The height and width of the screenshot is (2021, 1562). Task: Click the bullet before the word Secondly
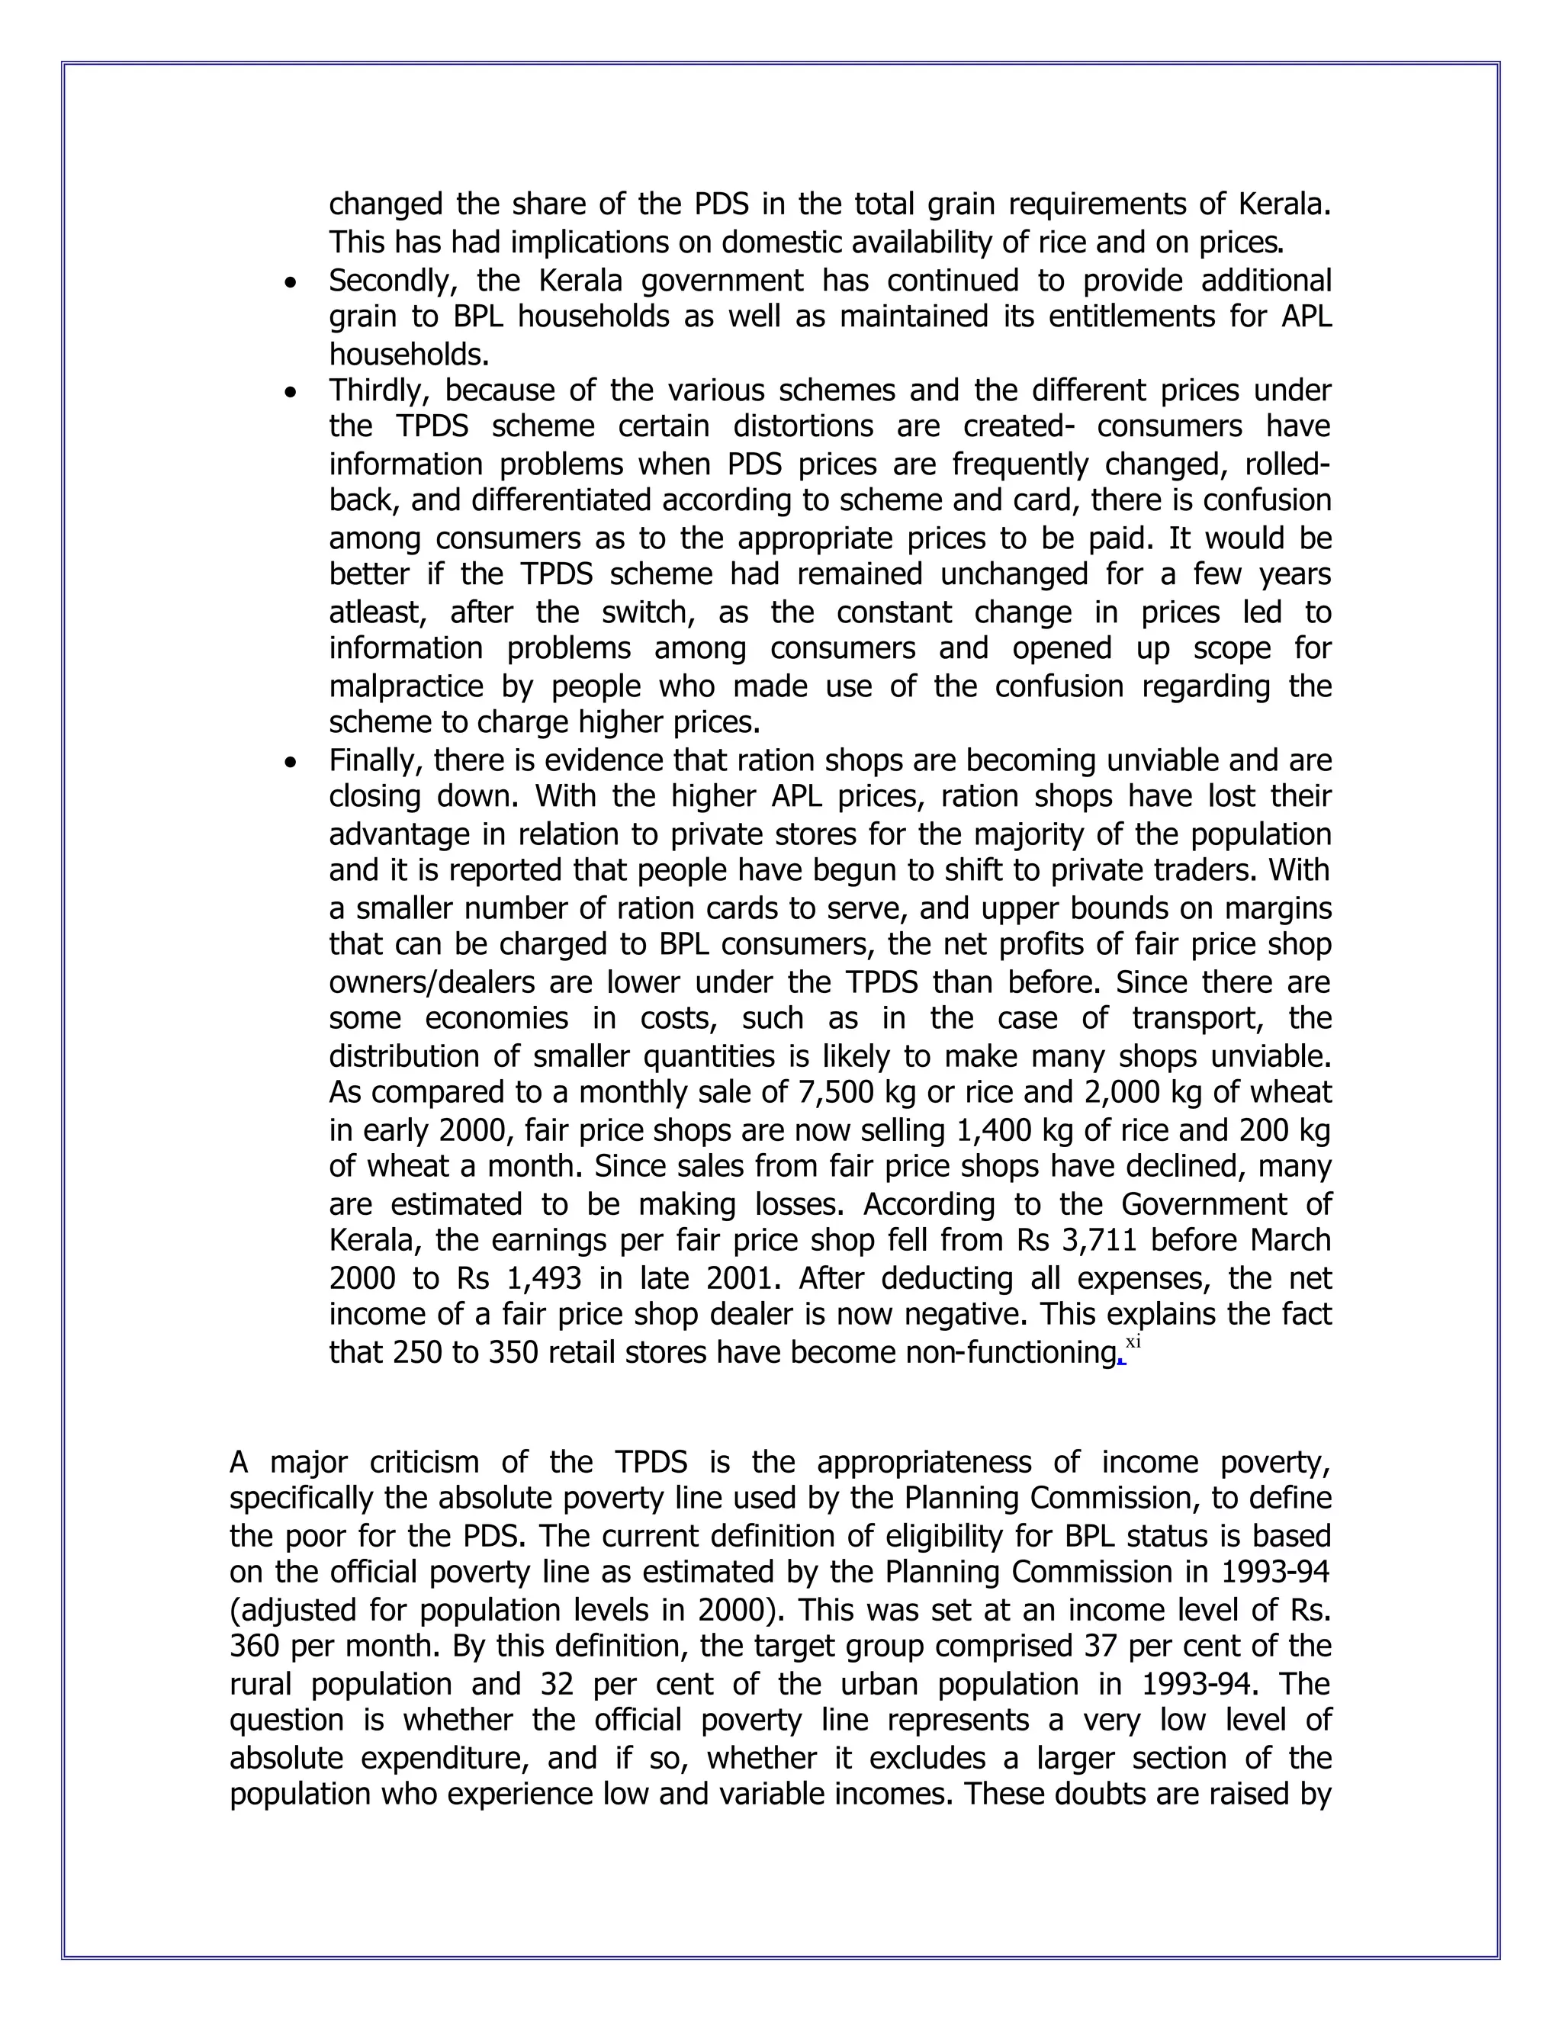pos(292,282)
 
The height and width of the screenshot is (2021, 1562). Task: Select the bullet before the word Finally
pos(292,763)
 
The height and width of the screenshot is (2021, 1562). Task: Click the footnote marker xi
pos(1133,1343)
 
